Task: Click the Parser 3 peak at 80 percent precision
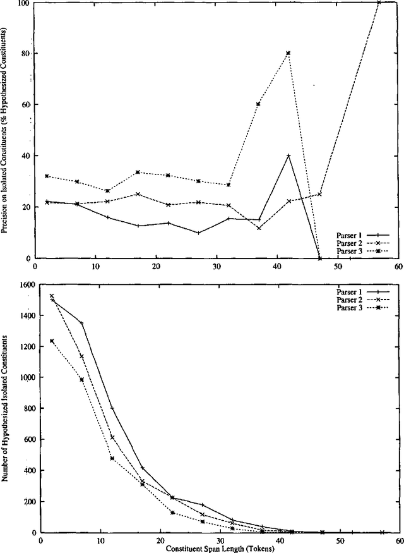[288, 53]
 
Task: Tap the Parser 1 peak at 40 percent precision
[288, 155]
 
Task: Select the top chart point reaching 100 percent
[379, 3]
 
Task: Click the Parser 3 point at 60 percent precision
[258, 104]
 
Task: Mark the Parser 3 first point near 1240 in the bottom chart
[52, 341]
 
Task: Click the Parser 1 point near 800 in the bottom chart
[112, 408]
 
